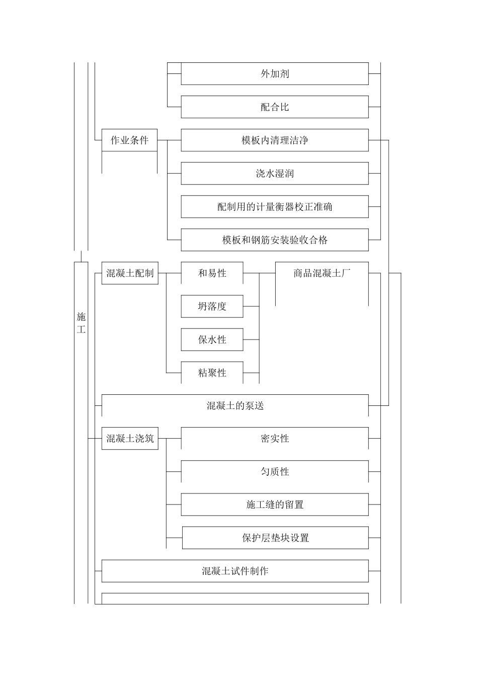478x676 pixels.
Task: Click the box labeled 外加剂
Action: coord(275,74)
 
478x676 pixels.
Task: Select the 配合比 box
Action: coord(275,107)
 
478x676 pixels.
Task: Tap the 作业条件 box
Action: coord(129,140)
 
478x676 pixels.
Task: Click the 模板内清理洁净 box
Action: coord(275,140)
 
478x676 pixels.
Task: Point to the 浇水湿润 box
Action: coord(275,174)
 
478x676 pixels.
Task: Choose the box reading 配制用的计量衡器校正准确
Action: coord(275,207)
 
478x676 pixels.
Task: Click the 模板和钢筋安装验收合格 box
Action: coord(275,240)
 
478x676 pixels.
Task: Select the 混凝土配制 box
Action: coord(130,273)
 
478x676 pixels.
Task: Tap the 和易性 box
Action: coord(212,273)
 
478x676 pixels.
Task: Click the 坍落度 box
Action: coord(212,306)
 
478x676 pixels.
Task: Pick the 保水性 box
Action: coord(212,340)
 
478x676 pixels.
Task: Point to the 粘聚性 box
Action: coord(212,373)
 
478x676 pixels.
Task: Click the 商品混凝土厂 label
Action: coord(322,273)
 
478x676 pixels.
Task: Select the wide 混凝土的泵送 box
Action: coord(235,406)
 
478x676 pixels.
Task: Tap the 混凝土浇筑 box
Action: coord(130,439)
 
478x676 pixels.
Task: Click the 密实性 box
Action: coord(275,439)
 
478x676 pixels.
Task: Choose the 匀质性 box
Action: coord(275,472)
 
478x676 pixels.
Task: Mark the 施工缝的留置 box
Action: coord(275,505)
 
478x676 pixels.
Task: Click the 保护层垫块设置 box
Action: coord(275,538)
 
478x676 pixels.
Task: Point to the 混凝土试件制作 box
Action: coord(235,571)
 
